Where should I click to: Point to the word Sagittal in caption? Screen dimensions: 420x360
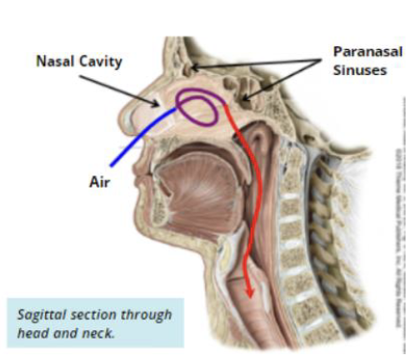42,314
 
